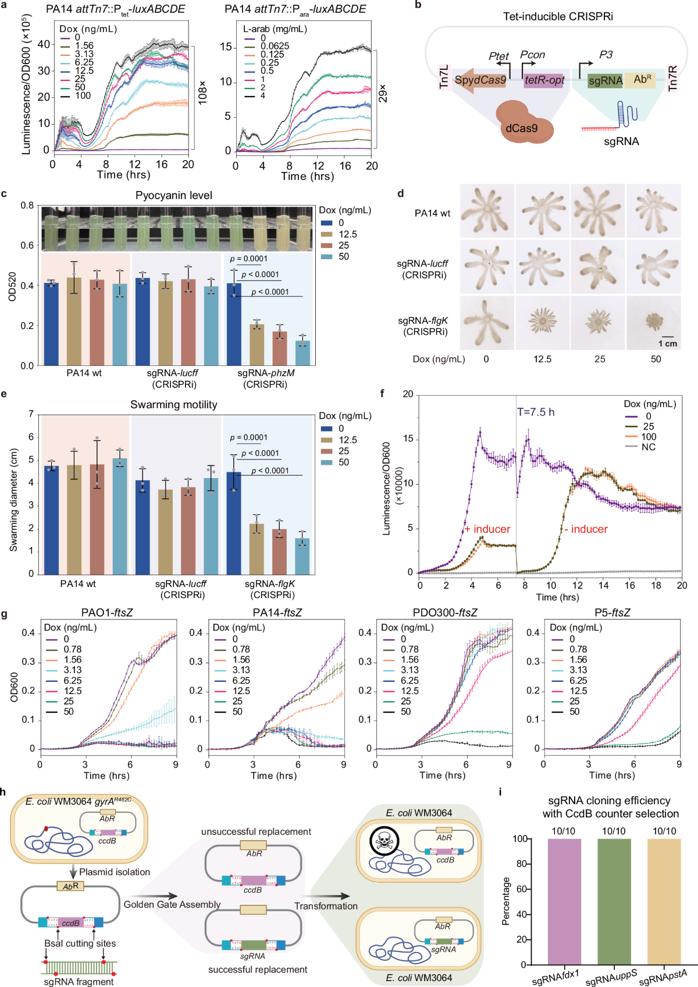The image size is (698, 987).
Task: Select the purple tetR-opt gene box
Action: tap(544, 80)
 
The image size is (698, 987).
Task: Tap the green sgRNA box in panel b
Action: tap(605, 80)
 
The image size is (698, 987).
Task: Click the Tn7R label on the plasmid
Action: tap(672, 78)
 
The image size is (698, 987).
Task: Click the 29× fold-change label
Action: tap(383, 93)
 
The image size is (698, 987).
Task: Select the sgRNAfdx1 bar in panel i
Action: tap(564, 901)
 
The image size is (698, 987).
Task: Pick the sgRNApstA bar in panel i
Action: tap(664, 901)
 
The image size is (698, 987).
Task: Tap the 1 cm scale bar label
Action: tap(667, 344)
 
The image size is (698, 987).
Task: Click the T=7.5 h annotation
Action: tap(536, 412)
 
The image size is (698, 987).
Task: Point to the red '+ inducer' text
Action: tap(487, 529)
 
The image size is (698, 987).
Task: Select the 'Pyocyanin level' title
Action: tap(174, 196)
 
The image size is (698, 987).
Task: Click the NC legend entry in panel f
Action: tap(648, 447)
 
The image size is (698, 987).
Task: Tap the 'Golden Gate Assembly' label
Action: tap(172, 904)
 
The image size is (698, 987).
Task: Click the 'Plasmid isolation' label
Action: tap(115, 872)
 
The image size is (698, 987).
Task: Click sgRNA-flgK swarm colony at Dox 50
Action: tap(654, 321)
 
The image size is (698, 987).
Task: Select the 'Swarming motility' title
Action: tap(174, 405)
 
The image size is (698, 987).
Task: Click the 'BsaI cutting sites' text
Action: tap(80, 943)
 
